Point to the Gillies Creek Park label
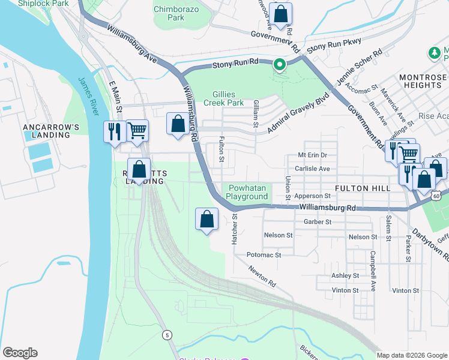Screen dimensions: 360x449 pyautogui.click(x=228, y=98)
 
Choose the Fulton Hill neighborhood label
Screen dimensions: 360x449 pyautogui.click(x=363, y=188)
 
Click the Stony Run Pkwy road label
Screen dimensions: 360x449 pyautogui.click(x=328, y=48)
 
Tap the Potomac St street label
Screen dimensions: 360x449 pyautogui.click(x=264, y=255)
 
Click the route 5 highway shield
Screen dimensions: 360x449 pyautogui.click(x=167, y=334)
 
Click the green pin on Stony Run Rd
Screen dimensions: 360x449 pyautogui.click(x=279, y=64)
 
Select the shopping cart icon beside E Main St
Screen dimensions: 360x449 pyautogui.click(x=137, y=130)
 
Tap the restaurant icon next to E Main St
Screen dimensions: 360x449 pyautogui.click(x=113, y=131)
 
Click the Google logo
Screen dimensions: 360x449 pyautogui.click(x=20, y=353)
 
